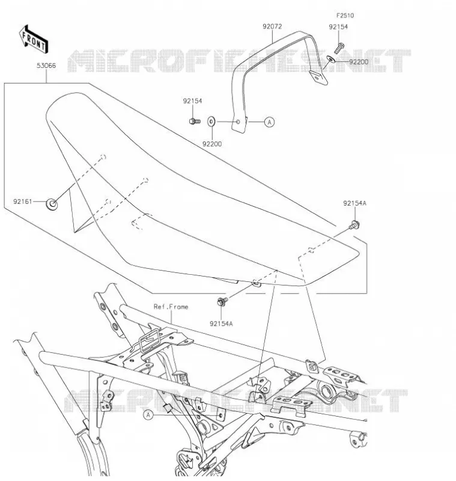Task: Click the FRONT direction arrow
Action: coord(34,38)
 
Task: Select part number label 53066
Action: coord(46,66)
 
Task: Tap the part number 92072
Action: coord(272,26)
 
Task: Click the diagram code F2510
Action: coord(345,16)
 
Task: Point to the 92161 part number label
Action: coord(22,201)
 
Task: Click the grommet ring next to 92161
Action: coord(52,204)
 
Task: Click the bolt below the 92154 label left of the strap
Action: coord(195,121)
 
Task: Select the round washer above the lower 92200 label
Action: coord(211,121)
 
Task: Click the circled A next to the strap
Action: coord(269,122)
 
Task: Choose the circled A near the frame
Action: coord(148,415)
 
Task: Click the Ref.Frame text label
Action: coord(171,307)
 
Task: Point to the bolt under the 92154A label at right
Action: coord(354,225)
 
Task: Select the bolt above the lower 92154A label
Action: coord(222,301)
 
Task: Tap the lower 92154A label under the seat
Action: coord(221,323)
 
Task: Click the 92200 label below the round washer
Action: coord(211,144)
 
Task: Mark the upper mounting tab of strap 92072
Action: coord(318,78)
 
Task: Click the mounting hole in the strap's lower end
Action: coord(238,122)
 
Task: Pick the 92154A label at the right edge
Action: coord(354,203)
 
